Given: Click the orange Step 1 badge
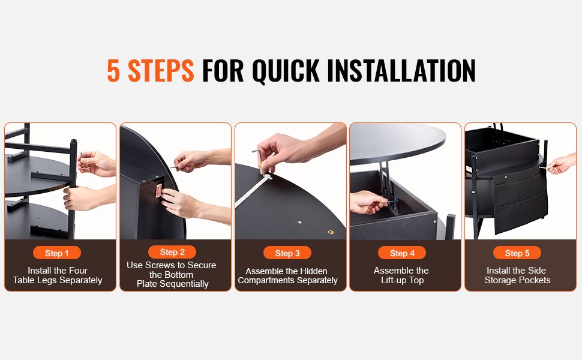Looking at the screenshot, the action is [57, 253].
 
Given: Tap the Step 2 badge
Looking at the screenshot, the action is [172, 252].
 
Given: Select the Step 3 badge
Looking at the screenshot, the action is [287, 253].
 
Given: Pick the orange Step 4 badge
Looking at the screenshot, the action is [402, 253].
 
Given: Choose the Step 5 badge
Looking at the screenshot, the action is [517, 253].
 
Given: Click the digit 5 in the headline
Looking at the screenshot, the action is [113, 71].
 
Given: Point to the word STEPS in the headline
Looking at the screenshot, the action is [161, 71].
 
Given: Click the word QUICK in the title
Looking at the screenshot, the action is [286, 71].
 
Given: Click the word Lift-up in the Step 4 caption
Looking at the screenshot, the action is [394, 281].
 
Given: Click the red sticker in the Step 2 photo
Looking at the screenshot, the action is [159, 190].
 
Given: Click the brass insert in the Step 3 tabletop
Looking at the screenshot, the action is [331, 232].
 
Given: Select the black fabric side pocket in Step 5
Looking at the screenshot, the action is [520, 199].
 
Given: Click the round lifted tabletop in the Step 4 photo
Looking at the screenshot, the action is [397, 143].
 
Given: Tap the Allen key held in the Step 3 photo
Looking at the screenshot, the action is [259, 160].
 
